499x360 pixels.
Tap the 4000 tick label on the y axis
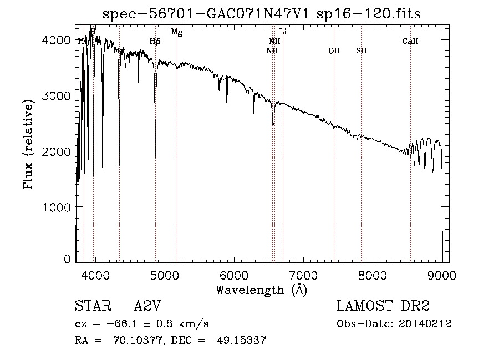coord(58,40)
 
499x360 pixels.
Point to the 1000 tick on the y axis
coord(58,207)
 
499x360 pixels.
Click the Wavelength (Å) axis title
coord(261,289)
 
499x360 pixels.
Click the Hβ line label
coord(155,41)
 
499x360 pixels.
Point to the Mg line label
coord(176,32)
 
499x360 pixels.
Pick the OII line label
coord(334,50)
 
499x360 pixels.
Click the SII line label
coord(361,50)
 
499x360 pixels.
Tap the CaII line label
coord(410,41)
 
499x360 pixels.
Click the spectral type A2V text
coord(147,306)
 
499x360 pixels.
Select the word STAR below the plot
coord(93,306)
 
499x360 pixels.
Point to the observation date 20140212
coord(425,324)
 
